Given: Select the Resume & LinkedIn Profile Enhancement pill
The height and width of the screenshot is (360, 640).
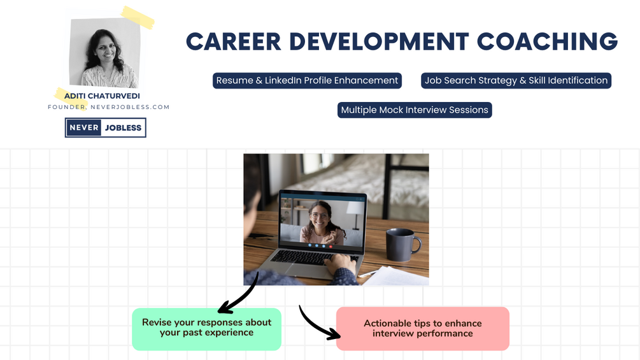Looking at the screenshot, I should tap(307, 80).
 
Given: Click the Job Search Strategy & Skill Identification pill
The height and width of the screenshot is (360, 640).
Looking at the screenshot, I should tap(516, 80).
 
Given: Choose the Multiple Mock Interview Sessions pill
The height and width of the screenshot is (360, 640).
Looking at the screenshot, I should tap(415, 110).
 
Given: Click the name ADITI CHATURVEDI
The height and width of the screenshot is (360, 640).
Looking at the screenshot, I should tap(103, 96).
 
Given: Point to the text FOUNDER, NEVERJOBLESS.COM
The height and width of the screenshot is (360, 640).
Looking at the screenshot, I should tap(109, 107).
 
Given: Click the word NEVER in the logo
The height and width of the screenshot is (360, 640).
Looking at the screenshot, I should tap(84, 127).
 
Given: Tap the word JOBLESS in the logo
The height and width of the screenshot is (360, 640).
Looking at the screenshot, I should tap(124, 127).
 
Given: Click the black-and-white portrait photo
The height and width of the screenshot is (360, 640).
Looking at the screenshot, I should tap(104, 54).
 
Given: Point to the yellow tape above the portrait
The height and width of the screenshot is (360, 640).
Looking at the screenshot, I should tap(138, 17).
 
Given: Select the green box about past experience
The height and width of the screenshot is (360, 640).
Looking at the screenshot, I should tap(206, 328).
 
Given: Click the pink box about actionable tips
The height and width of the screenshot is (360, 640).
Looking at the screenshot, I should tap(422, 328).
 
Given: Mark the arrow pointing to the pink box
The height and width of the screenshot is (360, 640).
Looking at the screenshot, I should tap(318, 324).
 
